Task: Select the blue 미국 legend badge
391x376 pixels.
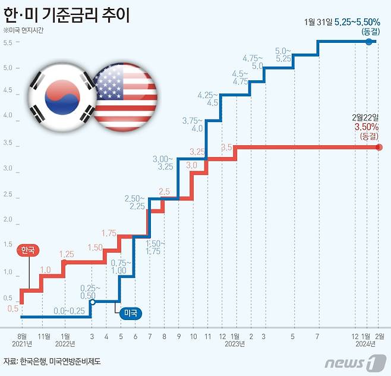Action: [129, 314]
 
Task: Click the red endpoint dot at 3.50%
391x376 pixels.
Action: [379, 148]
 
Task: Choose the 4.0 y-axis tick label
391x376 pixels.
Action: [8, 115]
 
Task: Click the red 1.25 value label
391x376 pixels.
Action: [67, 254]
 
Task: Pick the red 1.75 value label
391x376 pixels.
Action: [109, 233]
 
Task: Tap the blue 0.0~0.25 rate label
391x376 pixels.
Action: [69, 311]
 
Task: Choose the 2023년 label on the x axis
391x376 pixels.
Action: [234, 343]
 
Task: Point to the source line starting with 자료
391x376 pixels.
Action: [52, 361]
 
